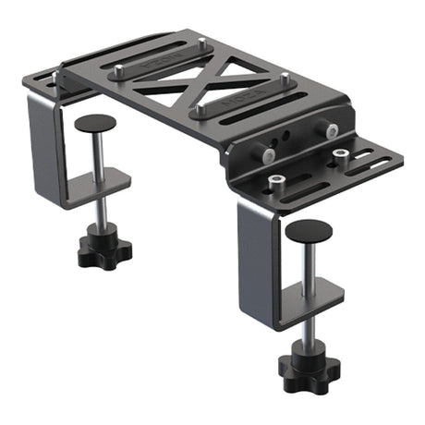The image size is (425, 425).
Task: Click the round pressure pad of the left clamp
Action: point(95,123)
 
